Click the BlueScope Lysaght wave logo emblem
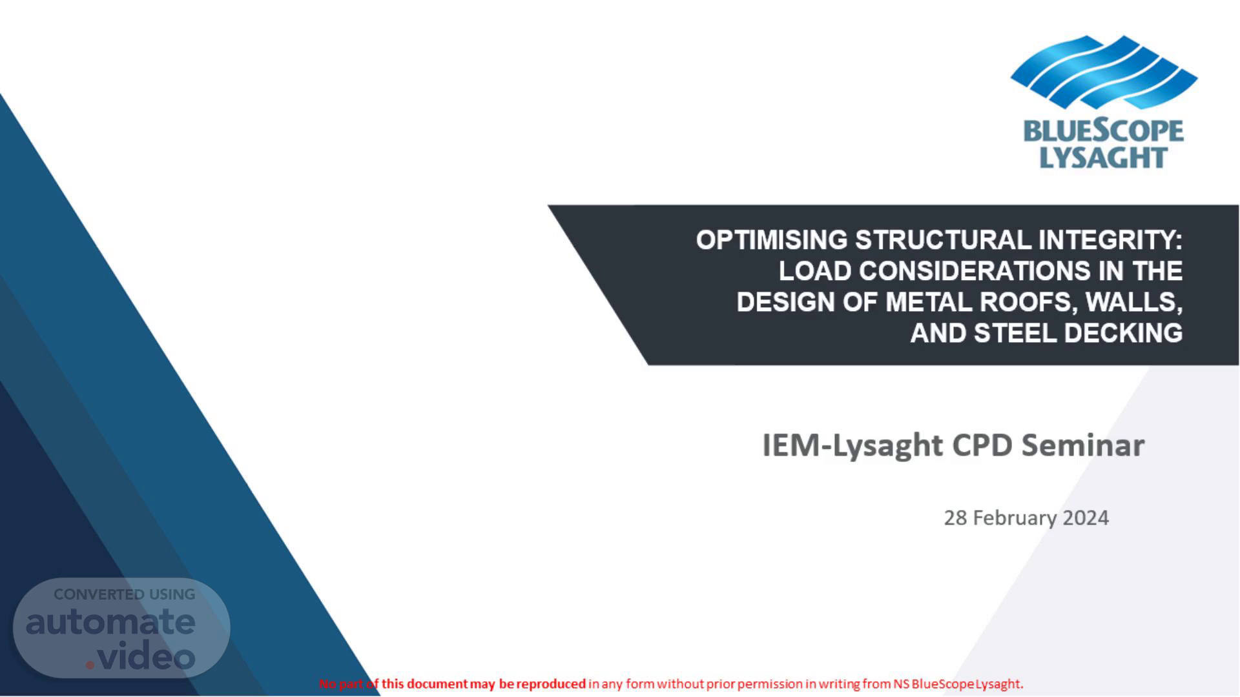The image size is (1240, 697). pyautogui.click(x=1104, y=72)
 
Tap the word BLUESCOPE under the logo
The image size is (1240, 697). pyautogui.click(x=1104, y=131)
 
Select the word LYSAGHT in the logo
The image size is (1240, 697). pyautogui.click(x=1103, y=157)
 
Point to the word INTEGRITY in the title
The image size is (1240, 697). pyautogui.click(x=1111, y=240)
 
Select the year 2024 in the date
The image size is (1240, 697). pyautogui.click(x=1086, y=518)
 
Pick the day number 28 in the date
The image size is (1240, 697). pyautogui.click(x=955, y=518)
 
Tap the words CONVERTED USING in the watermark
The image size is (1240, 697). pyautogui.click(x=124, y=594)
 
